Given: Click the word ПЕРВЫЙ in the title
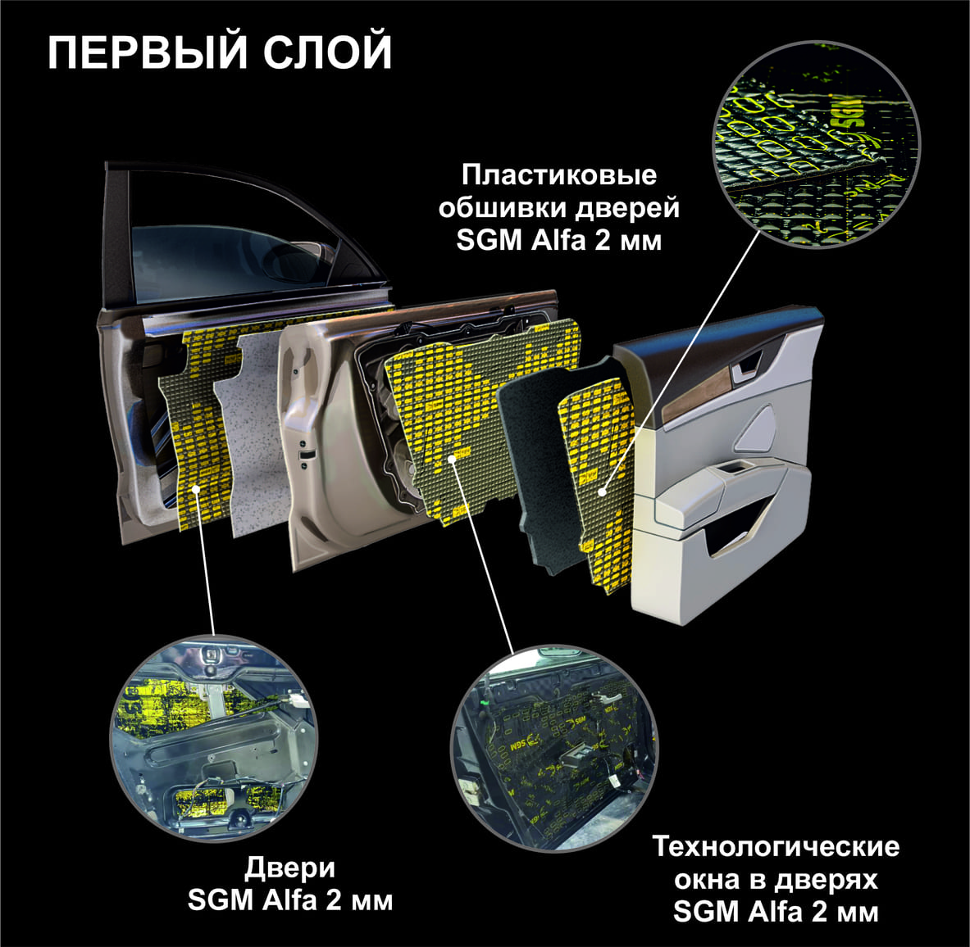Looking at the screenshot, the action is [148, 52].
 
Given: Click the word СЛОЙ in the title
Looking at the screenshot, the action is [327, 52].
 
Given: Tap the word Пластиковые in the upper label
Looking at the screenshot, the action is [559, 175].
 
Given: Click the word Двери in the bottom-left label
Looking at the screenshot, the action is [290, 868].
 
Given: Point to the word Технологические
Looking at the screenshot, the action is [776, 846].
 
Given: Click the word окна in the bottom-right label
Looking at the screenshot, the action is [708, 880].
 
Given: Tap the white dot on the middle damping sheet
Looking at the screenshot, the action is [452, 458].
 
